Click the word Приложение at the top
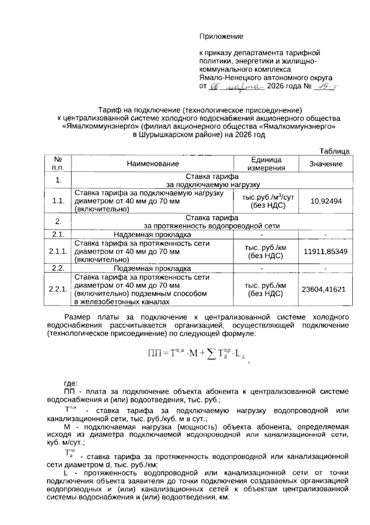[x=221, y=36]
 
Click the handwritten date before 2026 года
[x=237, y=87]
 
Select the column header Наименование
[x=153, y=164]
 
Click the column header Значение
[x=326, y=164]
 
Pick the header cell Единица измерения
[x=266, y=164]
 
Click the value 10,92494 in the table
[x=326, y=201]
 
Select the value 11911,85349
[x=326, y=252]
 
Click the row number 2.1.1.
[x=58, y=252]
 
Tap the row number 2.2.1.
[x=58, y=289]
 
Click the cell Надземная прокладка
[x=152, y=235]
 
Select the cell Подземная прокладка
[x=152, y=269]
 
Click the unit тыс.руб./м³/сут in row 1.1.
[x=266, y=197]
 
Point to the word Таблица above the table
[x=334, y=151]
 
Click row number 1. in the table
[x=58, y=181]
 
